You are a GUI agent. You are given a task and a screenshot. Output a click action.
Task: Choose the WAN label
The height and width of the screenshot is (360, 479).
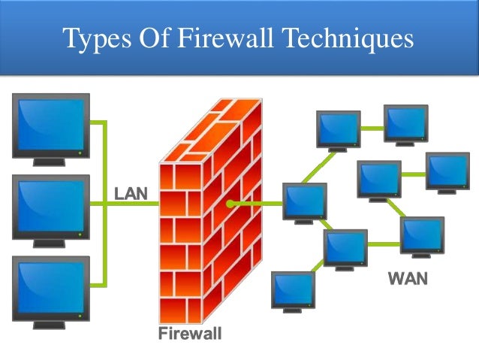[x=408, y=280]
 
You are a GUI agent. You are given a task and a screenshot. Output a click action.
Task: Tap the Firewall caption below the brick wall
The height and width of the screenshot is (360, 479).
[x=189, y=333]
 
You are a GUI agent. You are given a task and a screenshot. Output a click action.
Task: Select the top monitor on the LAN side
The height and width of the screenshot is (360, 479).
[x=51, y=124]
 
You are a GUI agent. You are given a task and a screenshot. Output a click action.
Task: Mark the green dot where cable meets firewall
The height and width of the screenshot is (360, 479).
[x=229, y=203]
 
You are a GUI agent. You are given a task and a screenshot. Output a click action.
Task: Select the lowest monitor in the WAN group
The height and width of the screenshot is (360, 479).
[x=292, y=291]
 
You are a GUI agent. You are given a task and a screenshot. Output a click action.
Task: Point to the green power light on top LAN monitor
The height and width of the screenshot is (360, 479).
[x=80, y=151]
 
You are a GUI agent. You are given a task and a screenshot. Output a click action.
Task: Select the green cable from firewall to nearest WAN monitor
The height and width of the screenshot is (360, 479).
[x=256, y=203]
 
